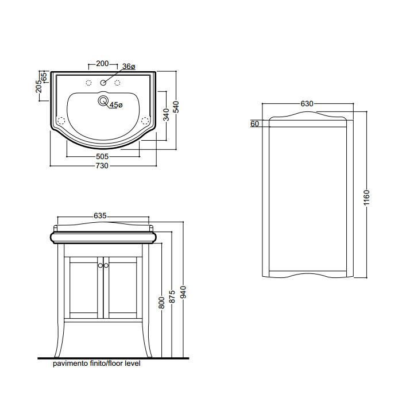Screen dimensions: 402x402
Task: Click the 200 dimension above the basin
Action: pyautogui.click(x=102, y=63)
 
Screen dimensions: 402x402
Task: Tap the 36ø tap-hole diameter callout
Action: pyautogui.click(x=129, y=67)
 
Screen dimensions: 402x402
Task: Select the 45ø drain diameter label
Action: pyautogui.click(x=117, y=105)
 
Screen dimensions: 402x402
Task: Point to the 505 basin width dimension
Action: pyautogui.click(x=102, y=156)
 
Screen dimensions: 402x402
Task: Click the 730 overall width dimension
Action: pyautogui.click(x=102, y=166)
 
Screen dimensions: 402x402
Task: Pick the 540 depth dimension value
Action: pyautogui.click(x=176, y=107)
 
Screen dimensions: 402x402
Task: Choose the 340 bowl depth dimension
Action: pyautogui.click(x=166, y=114)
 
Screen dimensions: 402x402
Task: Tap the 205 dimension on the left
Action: pyautogui.click(x=38, y=86)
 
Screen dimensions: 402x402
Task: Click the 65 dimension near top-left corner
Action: pyautogui.click(x=44, y=76)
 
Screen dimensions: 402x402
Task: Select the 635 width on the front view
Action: pyautogui.click(x=100, y=216)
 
